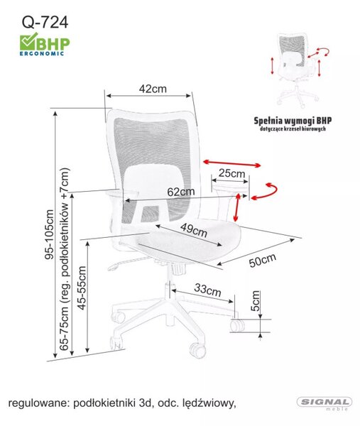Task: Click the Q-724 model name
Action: pyautogui.click(x=45, y=22)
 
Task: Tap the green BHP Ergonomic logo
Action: pyautogui.click(x=45, y=44)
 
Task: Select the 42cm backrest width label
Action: pyautogui.click(x=153, y=89)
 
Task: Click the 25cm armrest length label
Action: pyautogui.click(x=231, y=173)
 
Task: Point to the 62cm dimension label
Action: pyautogui.click(x=181, y=192)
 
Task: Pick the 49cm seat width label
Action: pyautogui.click(x=194, y=230)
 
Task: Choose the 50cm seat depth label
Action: pyautogui.click(x=263, y=261)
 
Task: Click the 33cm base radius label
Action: pyautogui.click(x=207, y=290)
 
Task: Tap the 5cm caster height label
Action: pyautogui.click(x=256, y=301)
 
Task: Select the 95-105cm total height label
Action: pyautogui.click(x=50, y=234)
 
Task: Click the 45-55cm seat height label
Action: pyautogui.click(x=82, y=288)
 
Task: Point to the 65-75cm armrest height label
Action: pyautogui.click(x=65, y=259)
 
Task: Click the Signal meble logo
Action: pyautogui.click(x=324, y=403)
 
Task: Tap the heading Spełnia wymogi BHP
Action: pyautogui.click(x=293, y=121)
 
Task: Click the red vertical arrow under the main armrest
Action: pyautogui.click(x=237, y=207)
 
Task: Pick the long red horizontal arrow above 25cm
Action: pyautogui.click(x=232, y=163)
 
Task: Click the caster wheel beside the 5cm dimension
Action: pyautogui.click(x=237, y=325)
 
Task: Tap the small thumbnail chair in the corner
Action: pyautogui.click(x=298, y=70)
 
